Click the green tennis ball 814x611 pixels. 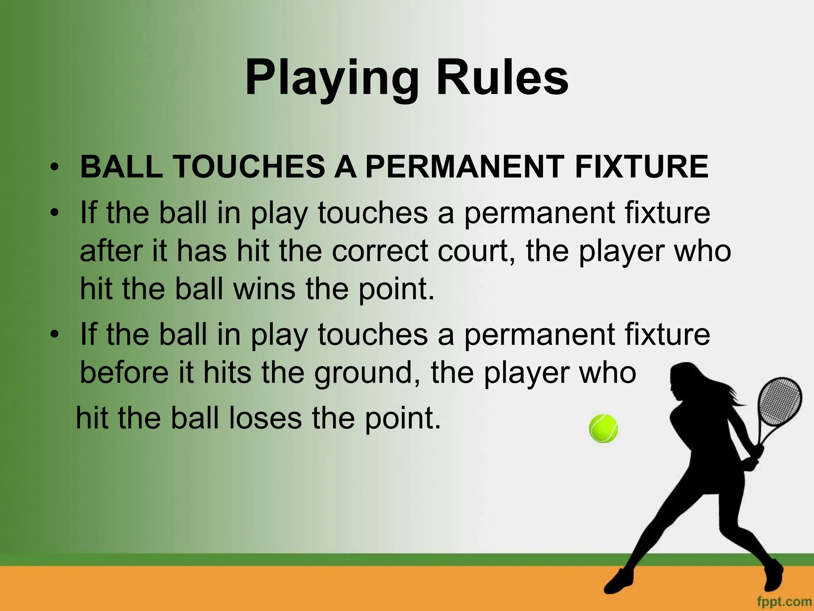pyautogui.click(x=604, y=428)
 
